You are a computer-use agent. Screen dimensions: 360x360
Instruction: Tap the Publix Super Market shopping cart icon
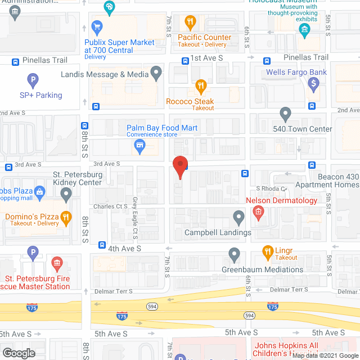point(97,26)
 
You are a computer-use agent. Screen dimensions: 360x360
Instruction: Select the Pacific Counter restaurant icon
point(190,23)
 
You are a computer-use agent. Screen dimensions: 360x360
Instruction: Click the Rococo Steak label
point(190,102)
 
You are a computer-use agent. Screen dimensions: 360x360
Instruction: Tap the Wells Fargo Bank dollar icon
point(313,85)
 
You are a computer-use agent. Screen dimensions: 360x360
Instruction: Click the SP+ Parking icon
point(33,80)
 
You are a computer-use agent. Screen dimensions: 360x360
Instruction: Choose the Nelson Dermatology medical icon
point(258,212)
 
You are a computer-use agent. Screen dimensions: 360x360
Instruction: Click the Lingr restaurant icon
point(269,251)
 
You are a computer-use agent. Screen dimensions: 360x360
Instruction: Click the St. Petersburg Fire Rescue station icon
point(56,263)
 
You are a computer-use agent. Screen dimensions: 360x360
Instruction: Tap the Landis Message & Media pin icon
point(157,72)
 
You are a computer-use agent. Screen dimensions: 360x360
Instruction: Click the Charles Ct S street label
point(111,206)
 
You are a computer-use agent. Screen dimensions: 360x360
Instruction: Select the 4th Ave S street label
point(124,248)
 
